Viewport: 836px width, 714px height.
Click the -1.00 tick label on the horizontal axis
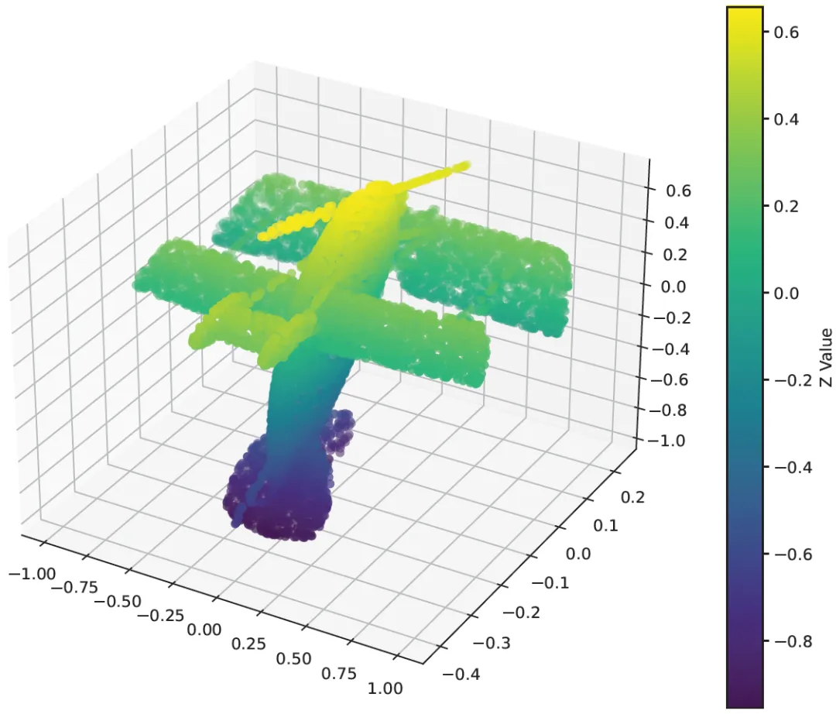[33, 574]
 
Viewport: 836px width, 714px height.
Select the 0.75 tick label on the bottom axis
[338, 674]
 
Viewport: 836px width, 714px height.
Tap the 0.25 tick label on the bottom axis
[248, 644]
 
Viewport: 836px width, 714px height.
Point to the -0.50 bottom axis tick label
[118, 602]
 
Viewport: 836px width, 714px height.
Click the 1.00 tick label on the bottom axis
[385, 688]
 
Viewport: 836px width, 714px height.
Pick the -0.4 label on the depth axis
[461, 674]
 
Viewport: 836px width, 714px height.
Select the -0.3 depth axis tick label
[492, 643]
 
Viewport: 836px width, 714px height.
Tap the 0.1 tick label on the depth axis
[605, 526]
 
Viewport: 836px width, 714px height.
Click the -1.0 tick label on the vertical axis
[666, 441]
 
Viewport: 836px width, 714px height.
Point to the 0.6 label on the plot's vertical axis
[678, 191]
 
